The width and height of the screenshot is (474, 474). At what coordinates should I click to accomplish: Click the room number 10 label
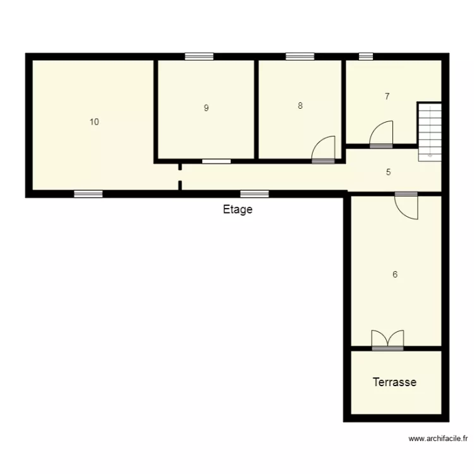coord(94,122)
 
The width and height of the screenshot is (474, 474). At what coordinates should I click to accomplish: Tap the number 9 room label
coord(206,108)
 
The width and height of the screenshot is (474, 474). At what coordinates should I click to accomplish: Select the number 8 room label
coord(300,106)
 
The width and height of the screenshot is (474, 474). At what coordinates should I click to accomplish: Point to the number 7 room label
coord(387,97)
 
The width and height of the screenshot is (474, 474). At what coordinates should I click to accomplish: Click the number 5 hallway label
coord(389,172)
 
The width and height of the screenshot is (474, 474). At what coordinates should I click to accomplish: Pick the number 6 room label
coord(395,274)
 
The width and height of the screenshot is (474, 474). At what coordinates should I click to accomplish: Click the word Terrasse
coord(394,382)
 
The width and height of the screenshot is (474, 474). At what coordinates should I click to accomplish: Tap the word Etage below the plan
coord(238,210)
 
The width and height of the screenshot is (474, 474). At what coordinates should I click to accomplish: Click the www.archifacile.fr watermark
coord(438,438)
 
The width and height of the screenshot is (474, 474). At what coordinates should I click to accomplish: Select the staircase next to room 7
coord(428,130)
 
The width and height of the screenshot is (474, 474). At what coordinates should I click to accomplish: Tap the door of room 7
coord(382,135)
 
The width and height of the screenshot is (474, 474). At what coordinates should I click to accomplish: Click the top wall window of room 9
coord(199,56)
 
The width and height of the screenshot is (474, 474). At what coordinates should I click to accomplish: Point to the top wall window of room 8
coord(300,56)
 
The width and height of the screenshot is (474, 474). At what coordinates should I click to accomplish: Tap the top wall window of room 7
coord(366,56)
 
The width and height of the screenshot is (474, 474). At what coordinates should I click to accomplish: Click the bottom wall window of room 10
coord(88,194)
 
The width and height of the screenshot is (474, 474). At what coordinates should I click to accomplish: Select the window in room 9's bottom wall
coord(216,161)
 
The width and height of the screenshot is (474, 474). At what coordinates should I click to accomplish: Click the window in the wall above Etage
coord(253,194)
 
